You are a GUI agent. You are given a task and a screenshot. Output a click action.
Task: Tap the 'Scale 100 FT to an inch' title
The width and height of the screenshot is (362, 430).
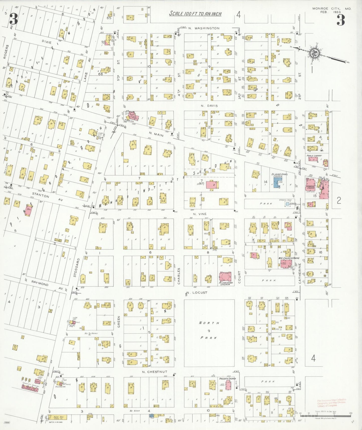click(x=195, y=14)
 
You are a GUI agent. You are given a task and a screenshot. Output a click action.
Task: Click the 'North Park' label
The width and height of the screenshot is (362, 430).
click(x=209, y=330)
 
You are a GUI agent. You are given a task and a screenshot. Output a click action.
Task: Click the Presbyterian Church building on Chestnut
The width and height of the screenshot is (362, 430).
click(x=228, y=385)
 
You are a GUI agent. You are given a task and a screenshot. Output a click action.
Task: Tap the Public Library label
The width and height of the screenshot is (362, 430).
click(x=314, y=156)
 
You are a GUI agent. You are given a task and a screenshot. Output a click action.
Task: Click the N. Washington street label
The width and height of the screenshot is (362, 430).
click(x=204, y=28)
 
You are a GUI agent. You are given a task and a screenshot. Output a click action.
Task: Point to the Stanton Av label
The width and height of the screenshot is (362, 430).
click(x=42, y=195)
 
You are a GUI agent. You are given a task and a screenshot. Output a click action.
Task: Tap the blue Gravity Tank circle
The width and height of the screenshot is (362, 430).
click(x=287, y=204)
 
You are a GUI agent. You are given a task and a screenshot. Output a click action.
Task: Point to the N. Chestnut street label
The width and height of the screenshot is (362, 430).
click(x=154, y=372)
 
